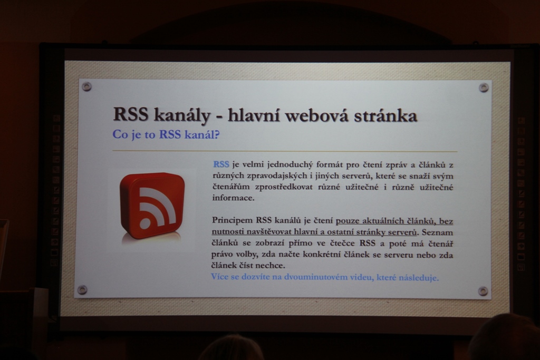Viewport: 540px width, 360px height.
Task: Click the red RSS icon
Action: [152, 206]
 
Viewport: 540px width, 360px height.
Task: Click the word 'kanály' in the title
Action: [181, 115]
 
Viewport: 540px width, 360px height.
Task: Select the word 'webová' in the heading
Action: [313, 115]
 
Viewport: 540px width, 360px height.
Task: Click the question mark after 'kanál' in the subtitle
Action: [216, 134]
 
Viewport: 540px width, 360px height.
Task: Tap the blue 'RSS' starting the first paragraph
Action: [221, 164]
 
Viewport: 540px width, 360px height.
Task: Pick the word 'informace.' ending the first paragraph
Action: [233, 198]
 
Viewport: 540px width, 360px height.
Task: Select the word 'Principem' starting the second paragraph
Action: [233, 220]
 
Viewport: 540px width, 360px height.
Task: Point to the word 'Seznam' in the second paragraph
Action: [437, 232]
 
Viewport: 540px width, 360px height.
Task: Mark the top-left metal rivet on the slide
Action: [87, 86]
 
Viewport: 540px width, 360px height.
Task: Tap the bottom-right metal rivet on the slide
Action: [483, 291]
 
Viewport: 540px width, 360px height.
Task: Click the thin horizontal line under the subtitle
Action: [285, 151]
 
